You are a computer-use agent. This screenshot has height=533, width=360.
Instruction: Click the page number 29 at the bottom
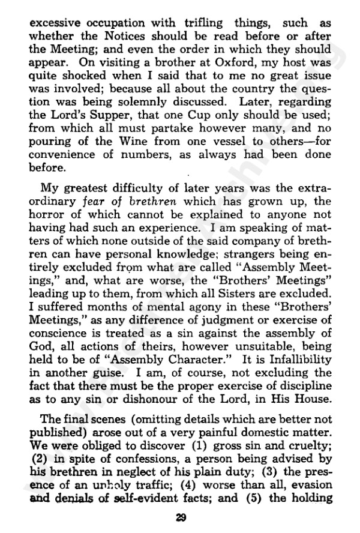[180, 517]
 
